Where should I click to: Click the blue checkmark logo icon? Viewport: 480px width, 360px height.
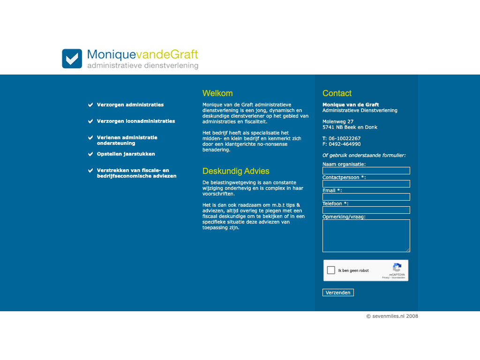coord(72,59)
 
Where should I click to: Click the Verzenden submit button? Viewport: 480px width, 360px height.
coord(338,292)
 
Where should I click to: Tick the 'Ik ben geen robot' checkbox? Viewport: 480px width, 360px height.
coord(331,270)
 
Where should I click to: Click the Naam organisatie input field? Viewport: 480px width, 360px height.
coord(366,171)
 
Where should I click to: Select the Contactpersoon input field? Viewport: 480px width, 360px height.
coord(366,184)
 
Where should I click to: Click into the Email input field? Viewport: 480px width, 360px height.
coord(366,197)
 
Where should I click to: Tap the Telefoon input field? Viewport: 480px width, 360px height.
coord(366,210)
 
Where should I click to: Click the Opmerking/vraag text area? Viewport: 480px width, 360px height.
coord(366,236)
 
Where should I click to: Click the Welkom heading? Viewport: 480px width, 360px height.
coord(217,93)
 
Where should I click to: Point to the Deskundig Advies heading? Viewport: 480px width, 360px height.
coord(236,171)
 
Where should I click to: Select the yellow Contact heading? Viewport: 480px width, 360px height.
coord(337,93)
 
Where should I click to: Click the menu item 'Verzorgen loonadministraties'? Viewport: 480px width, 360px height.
coord(136,121)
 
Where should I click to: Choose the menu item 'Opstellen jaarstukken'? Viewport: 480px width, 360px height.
coord(126,154)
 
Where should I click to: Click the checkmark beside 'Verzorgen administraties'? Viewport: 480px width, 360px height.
coord(90,105)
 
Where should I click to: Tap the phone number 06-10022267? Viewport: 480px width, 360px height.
coord(345,138)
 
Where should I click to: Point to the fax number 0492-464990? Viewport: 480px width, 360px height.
coord(345,144)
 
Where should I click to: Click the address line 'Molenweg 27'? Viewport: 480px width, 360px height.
coord(338,121)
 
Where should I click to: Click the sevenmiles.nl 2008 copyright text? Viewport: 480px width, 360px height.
coord(392,316)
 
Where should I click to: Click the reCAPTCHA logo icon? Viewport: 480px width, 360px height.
coord(397,268)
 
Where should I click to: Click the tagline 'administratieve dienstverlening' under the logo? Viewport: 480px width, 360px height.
coord(142,66)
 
